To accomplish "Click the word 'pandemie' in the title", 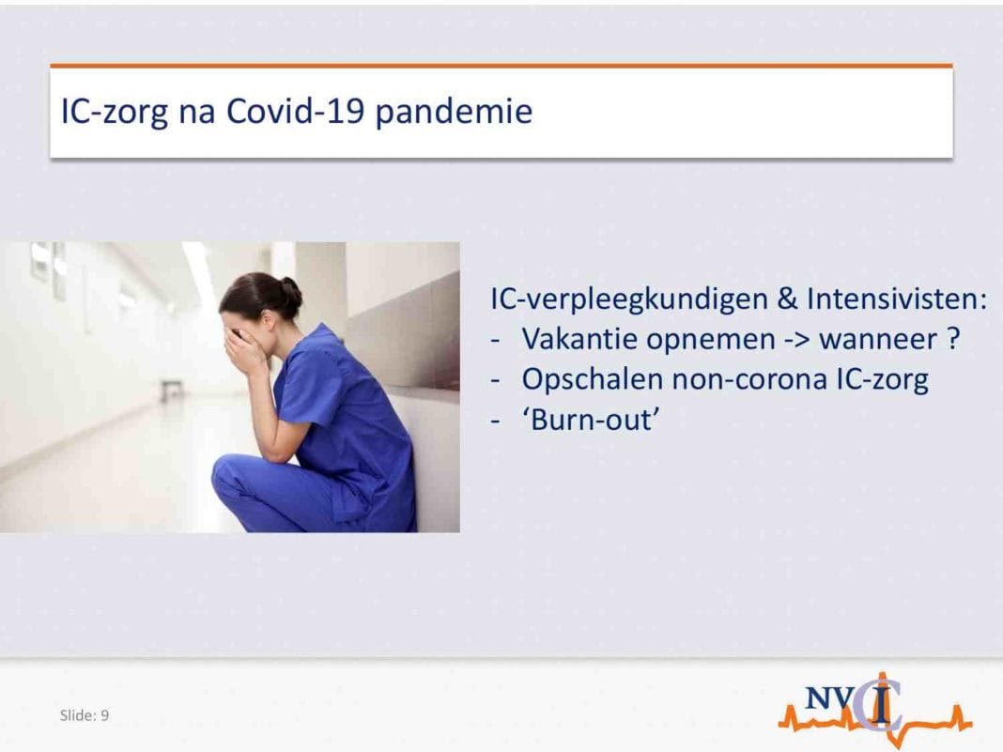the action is coord(454,113).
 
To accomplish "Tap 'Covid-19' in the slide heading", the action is coord(296,111).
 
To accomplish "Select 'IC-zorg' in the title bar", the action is coord(115,113).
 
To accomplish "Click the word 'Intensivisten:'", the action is coord(897,299).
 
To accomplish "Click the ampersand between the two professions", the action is coord(787,299).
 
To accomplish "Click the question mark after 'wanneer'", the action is coord(952,339).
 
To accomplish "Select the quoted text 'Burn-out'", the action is coord(591,420).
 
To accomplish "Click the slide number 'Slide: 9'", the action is coord(85,715).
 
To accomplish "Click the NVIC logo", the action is coord(875,709).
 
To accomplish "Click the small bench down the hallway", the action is coord(172,389).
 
